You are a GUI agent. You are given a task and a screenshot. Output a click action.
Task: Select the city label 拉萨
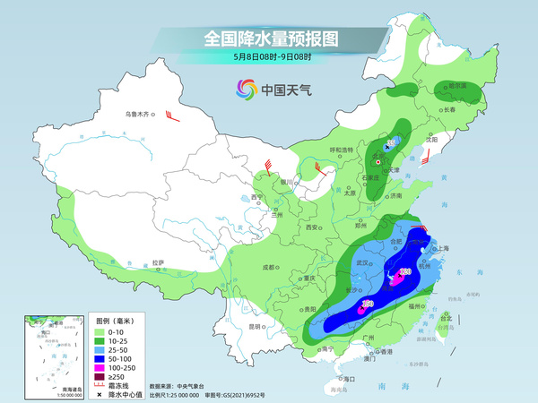[x=158, y=262]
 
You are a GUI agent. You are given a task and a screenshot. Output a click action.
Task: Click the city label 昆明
[x=256, y=326]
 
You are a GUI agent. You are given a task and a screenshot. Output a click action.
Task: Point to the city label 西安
[x=312, y=228]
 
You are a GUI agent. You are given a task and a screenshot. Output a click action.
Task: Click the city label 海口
[x=349, y=379]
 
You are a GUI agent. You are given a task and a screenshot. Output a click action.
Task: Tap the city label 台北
[x=446, y=315]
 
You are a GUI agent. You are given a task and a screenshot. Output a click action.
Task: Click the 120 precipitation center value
[x=404, y=271]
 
